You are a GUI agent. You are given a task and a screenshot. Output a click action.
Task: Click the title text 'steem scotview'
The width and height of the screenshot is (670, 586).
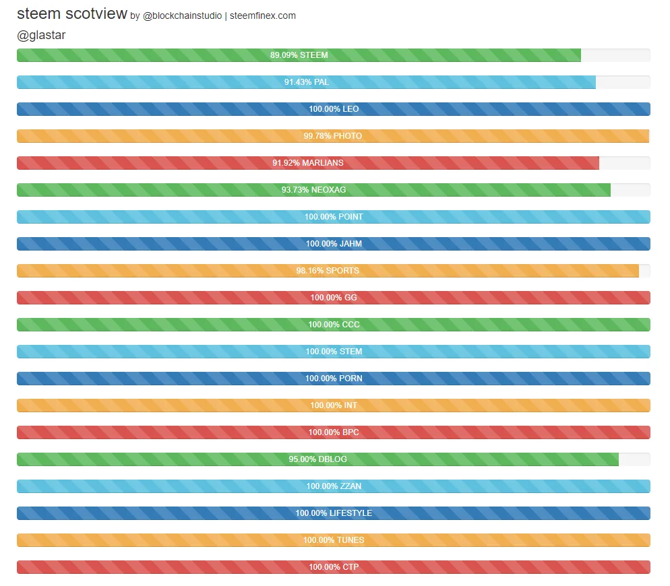pyautogui.click(x=71, y=14)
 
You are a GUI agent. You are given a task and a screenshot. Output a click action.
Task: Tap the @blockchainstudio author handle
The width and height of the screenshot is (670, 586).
pyautogui.click(x=182, y=15)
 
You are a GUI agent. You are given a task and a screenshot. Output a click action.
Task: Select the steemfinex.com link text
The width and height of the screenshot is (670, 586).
pyautogui.click(x=262, y=15)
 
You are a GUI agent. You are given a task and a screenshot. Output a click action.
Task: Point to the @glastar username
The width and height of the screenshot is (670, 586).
pyautogui.click(x=41, y=35)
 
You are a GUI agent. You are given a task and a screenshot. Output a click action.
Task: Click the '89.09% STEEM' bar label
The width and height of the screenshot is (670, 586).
pyautogui.click(x=299, y=55)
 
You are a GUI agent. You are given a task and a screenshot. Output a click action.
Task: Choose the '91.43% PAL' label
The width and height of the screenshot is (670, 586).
pyautogui.click(x=307, y=82)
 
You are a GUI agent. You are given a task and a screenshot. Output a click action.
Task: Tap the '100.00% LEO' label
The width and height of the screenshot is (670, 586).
pyautogui.click(x=334, y=109)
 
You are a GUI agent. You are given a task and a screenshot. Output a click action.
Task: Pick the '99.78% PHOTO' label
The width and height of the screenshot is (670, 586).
pyautogui.click(x=332, y=136)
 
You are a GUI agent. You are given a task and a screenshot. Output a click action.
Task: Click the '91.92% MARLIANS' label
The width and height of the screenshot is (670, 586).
pyautogui.click(x=307, y=163)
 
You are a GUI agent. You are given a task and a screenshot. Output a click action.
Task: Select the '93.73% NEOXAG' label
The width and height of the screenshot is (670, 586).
pyautogui.click(x=313, y=190)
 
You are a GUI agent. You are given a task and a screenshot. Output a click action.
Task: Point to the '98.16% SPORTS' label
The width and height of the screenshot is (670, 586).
pyautogui.click(x=328, y=271)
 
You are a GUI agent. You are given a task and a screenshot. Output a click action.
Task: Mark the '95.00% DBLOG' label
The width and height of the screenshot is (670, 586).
pyautogui.click(x=317, y=459)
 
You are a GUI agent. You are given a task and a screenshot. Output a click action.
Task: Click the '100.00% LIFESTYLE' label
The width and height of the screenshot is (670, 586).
pyautogui.click(x=334, y=513)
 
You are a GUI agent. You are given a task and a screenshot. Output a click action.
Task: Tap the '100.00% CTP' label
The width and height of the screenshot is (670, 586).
pyautogui.click(x=334, y=567)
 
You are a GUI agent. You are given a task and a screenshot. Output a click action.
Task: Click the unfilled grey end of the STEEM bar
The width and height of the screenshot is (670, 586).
pyautogui.click(x=615, y=55)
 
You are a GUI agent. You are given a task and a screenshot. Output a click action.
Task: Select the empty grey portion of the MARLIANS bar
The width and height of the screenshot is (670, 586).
pyautogui.click(x=624, y=163)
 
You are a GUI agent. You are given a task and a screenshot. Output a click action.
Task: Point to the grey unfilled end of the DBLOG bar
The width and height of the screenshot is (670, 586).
pyautogui.click(x=634, y=459)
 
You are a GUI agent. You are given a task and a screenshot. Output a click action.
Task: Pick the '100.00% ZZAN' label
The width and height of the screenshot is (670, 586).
pyautogui.click(x=334, y=486)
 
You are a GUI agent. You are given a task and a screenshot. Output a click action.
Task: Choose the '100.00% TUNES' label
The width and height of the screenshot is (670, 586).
pyautogui.click(x=334, y=540)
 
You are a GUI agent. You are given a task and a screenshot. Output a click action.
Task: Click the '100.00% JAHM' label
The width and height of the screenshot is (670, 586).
pyautogui.click(x=334, y=244)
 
